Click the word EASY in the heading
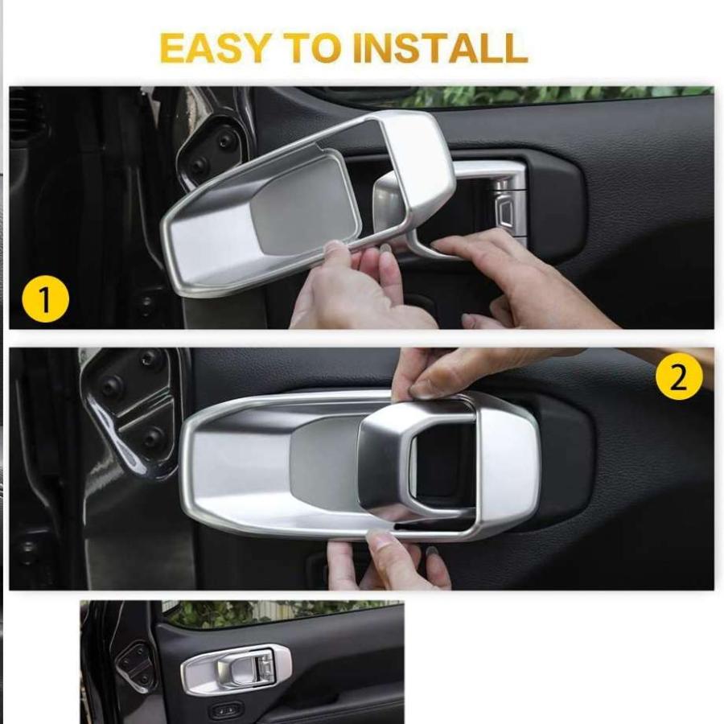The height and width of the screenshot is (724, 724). [214, 48]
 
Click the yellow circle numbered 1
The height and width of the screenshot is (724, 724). [45, 298]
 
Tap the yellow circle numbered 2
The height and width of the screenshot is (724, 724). [679, 378]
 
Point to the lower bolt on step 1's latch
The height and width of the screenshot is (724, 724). [200, 165]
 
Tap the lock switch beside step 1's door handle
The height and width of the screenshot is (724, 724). [506, 211]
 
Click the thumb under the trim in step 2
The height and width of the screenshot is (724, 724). [383, 547]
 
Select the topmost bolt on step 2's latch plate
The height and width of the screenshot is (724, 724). [149, 356]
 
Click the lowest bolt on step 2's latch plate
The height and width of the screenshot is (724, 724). [152, 435]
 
